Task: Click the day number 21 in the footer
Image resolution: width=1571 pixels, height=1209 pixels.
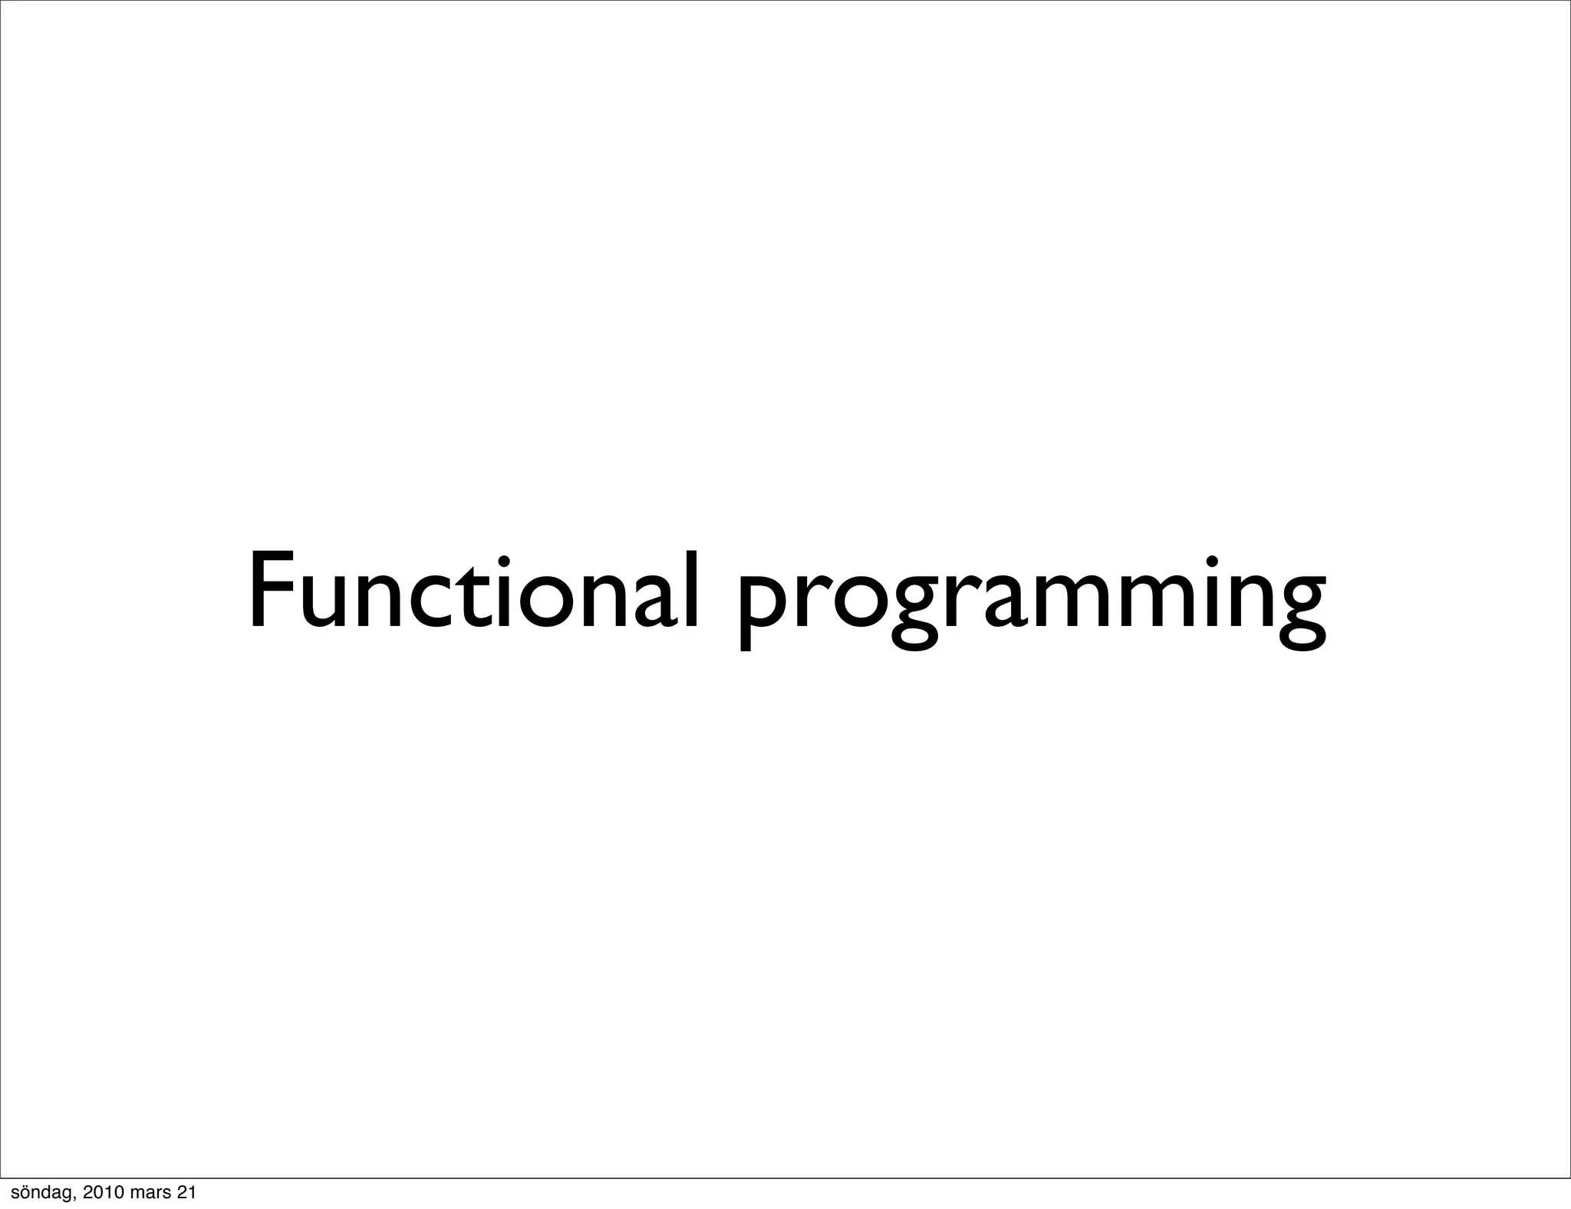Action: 186,1192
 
